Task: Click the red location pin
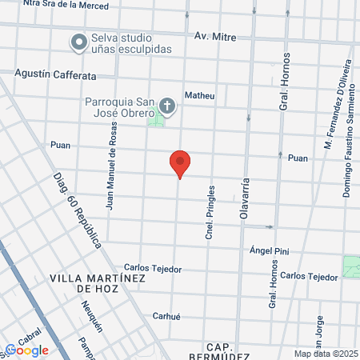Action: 180,162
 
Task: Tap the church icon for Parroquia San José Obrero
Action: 166,104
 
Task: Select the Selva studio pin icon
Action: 78,42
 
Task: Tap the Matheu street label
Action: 200,95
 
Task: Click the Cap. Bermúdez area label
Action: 218,351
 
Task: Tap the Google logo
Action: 27,350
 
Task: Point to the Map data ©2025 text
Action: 324,354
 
